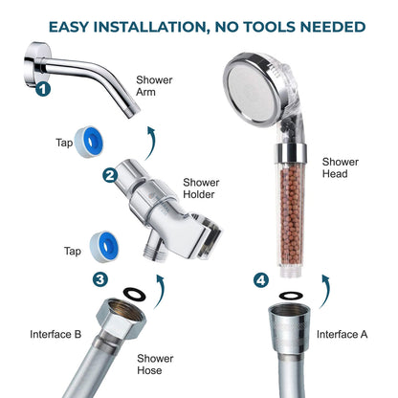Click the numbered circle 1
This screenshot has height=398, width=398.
[43, 89]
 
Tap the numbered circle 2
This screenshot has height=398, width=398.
[110, 175]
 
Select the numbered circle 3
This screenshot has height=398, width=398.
[100, 279]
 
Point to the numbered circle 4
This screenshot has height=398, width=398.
[261, 280]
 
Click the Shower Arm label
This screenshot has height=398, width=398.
[154, 86]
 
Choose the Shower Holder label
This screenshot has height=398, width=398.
[201, 188]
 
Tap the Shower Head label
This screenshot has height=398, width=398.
[341, 167]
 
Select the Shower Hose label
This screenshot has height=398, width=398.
[155, 365]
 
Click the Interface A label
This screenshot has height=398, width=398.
[342, 334]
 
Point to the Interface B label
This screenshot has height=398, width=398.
[55, 334]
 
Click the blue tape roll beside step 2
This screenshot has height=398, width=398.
[89, 142]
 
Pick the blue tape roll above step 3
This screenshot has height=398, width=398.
[104, 247]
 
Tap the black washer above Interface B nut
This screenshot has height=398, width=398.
[135, 294]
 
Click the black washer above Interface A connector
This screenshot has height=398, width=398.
[291, 296]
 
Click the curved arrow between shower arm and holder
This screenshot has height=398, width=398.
[151, 143]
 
